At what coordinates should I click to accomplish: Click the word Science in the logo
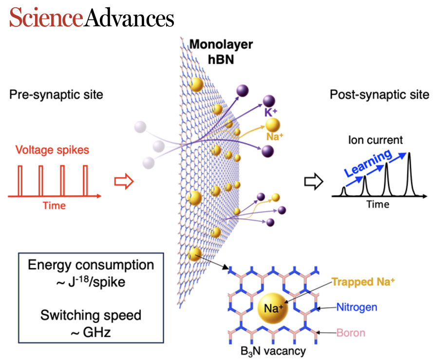coord(46,18)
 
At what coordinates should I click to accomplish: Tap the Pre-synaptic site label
coord(56,95)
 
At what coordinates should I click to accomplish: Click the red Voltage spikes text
coord(52,150)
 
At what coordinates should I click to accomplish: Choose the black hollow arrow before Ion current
coord(314,182)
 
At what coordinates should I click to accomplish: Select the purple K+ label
coord(271,113)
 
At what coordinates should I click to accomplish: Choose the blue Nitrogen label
coord(357,307)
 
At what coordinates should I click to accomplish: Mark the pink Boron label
coord(350,334)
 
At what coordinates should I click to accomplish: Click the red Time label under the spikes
coord(54,206)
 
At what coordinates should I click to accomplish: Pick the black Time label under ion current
coord(378,205)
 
